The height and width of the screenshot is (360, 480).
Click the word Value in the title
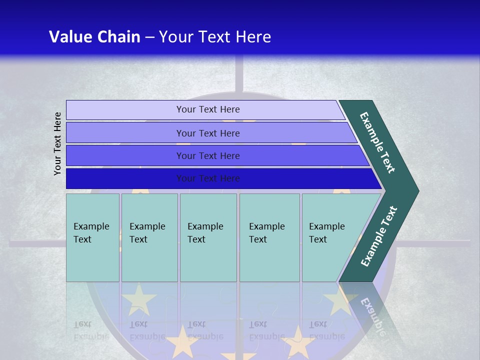pos(69,37)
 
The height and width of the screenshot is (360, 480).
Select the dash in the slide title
pos(149,37)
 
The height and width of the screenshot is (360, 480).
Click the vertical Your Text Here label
pos(57,143)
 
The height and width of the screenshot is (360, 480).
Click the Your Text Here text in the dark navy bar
pos(208,178)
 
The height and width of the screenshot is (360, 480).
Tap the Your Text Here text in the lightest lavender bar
pos(208,109)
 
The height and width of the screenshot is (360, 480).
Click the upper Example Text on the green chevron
pos(377,142)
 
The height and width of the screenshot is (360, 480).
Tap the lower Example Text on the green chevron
pos(379,236)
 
